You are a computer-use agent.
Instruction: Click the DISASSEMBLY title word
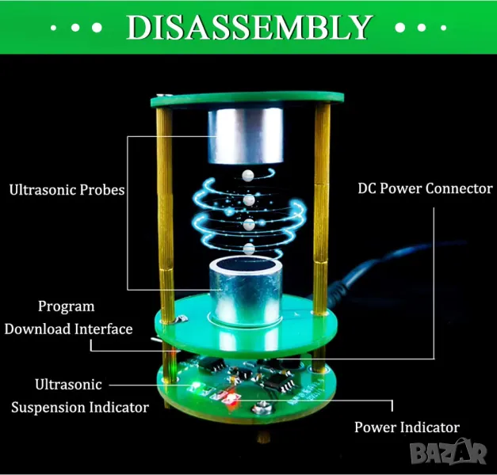coord(250,27)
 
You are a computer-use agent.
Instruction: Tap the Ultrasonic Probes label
coord(67,190)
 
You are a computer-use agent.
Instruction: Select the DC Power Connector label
coord(425,188)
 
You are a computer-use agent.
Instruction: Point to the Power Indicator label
coord(407,427)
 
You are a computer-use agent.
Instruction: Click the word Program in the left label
coord(67,307)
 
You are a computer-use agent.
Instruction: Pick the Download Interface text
coord(68,329)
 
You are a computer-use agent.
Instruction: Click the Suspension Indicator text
coord(80,407)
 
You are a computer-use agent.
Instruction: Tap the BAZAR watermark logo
coord(448,452)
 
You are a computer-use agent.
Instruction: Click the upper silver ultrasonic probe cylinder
coord(246,135)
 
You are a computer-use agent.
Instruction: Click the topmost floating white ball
coord(248,175)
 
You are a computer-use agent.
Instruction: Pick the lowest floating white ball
coord(249,249)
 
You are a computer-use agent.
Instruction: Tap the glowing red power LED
coord(231,397)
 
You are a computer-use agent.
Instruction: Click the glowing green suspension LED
coord(195,386)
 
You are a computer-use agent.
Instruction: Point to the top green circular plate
coord(247,100)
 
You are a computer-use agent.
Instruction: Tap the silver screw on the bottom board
coord(262,407)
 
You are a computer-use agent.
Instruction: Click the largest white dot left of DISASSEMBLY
coord(97,28)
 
